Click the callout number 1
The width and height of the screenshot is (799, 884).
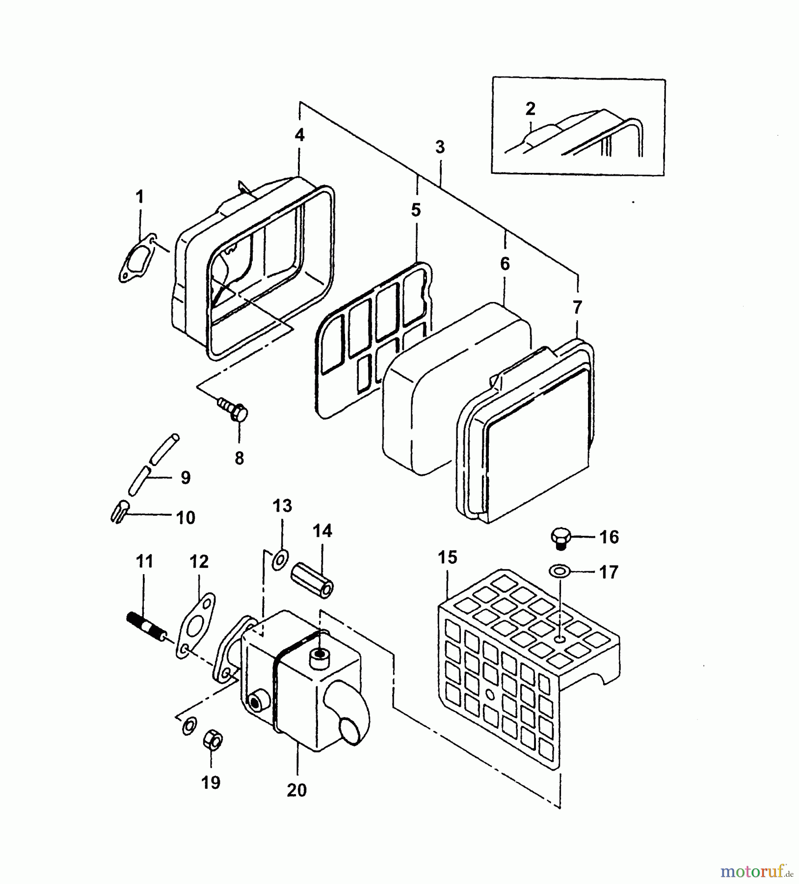[x=140, y=197]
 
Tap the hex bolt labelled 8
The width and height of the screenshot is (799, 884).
[x=233, y=410]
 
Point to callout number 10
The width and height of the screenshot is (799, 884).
[x=186, y=518]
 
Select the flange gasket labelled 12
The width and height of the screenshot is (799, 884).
[x=195, y=626]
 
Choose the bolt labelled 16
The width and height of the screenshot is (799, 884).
[x=561, y=537]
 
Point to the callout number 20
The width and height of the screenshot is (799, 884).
[x=297, y=790]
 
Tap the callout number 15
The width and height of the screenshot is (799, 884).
[x=448, y=557]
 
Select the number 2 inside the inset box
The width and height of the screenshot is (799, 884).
[x=530, y=109]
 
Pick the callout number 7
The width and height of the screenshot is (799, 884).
[x=577, y=307]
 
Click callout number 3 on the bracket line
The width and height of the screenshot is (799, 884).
[x=440, y=147]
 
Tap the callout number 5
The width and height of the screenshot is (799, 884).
[x=416, y=210]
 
